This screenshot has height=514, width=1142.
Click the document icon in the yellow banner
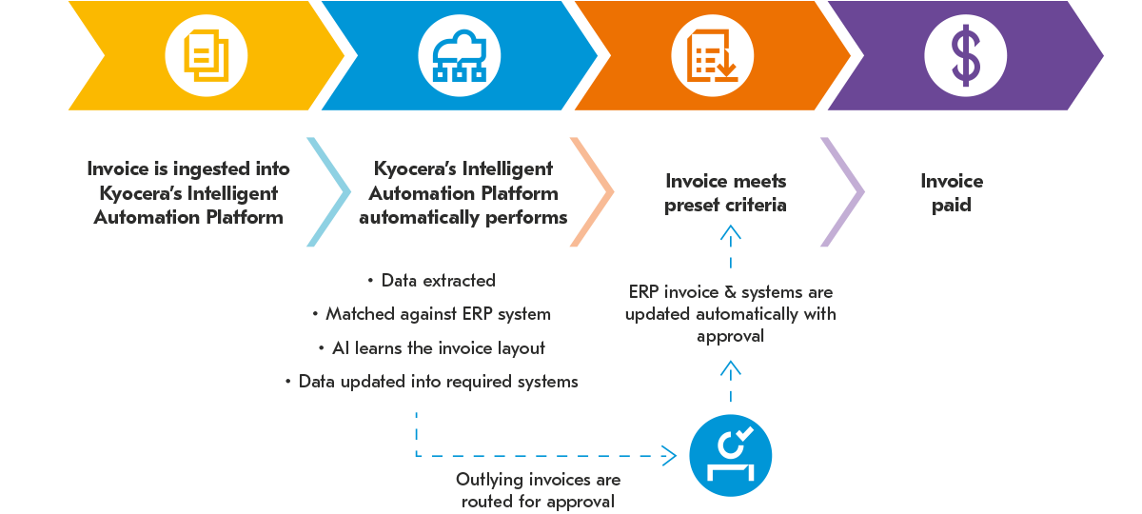point(207,54)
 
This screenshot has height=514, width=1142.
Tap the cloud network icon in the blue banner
point(460,54)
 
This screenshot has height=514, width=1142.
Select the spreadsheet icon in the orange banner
point(713,54)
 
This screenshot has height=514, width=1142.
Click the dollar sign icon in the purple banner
point(966,54)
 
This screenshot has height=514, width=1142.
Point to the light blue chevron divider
point(328,192)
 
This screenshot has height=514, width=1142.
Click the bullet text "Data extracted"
point(437,281)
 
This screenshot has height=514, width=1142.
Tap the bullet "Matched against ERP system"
point(438,314)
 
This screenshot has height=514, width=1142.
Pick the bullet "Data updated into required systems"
point(438,382)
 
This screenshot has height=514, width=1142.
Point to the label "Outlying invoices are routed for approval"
point(538,490)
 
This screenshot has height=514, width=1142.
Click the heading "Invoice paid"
point(951,192)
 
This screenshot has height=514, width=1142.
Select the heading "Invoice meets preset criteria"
point(726,192)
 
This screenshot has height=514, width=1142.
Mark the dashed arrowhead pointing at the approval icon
point(671,456)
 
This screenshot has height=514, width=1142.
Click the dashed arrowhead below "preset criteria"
point(730,229)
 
